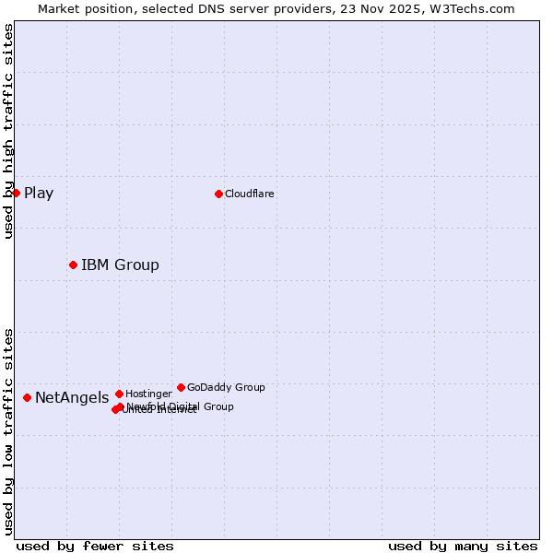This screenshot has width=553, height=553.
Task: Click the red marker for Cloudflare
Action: tap(218, 194)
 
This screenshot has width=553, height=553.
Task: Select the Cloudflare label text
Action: tap(250, 194)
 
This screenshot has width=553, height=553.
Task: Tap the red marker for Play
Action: tap(16, 193)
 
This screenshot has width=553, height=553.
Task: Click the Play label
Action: tap(39, 193)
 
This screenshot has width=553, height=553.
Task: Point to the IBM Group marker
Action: tap(73, 265)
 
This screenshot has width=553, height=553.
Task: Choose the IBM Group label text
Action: tap(120, 265)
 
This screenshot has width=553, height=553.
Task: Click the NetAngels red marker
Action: tap(27, 397)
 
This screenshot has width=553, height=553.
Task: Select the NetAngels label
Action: tap(72, 398)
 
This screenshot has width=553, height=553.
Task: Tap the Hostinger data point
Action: tap(119, 394)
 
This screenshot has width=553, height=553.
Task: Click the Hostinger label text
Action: tap(148, 394)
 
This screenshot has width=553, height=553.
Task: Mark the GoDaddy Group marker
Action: tap(181, 387)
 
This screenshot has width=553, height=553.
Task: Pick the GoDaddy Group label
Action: tap(226, 387)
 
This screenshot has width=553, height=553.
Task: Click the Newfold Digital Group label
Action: tap(181, 406)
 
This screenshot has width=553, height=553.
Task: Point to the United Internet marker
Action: tap(115, 409)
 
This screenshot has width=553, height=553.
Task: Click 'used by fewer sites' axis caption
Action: tap(95, 546)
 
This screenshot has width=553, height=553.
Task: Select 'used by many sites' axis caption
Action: tap(463, 546)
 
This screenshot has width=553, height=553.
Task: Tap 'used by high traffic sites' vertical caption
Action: tap(8, 131)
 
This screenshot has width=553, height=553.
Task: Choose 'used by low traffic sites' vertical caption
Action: tap(8, 430)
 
